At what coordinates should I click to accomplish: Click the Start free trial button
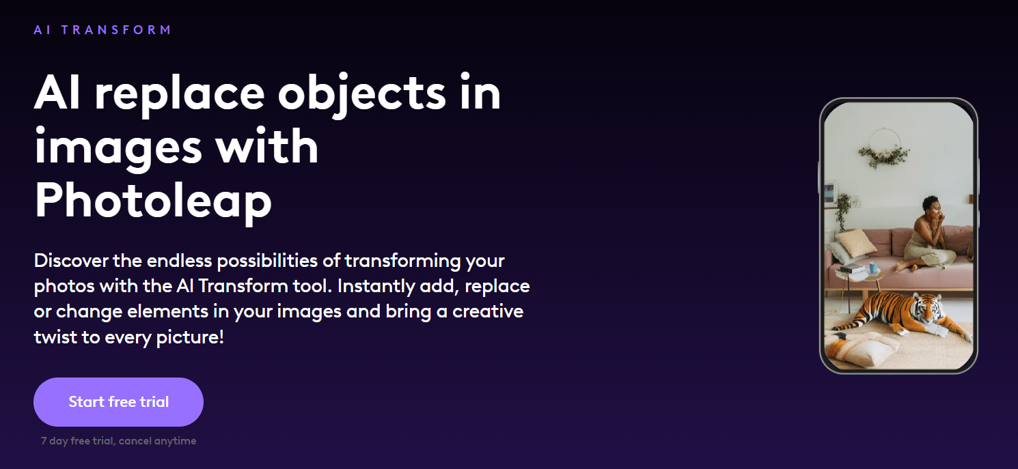[x=118, y=402]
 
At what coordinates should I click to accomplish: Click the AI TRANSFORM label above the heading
[x=102, y=30]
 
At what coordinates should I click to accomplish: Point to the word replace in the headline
[x=179, y=94]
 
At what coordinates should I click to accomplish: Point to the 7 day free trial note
[x=118, y=441]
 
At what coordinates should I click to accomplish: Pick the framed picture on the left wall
[x=829, y=193]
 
